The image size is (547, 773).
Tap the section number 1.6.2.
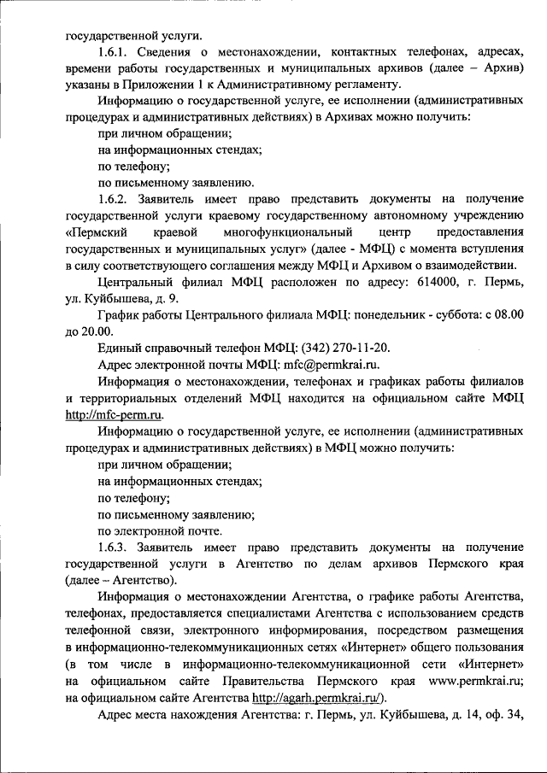click(115, 197)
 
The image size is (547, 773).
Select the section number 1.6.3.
click(115, 546)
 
